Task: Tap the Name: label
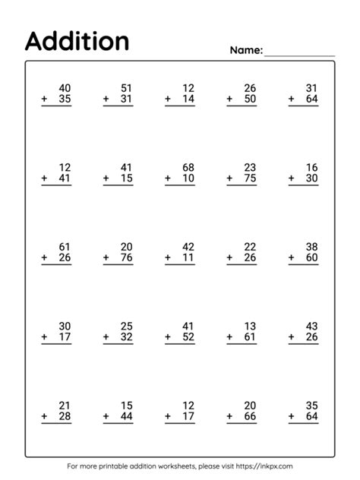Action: pos(246,51)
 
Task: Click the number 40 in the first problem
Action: pos(65,88)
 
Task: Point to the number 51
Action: pos(127,88)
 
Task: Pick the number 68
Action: pos(188,167)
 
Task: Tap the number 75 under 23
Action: pos(251,178)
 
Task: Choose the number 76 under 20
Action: pos(127,258)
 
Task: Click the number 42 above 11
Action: pos(188,247)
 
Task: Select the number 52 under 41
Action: pos(188,337)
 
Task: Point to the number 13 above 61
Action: pos(251,326)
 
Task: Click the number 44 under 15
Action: pos(127,417)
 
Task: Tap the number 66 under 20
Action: pos(251,417)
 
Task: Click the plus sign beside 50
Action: pos(229,99)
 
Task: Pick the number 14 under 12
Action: pos(188,99)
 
